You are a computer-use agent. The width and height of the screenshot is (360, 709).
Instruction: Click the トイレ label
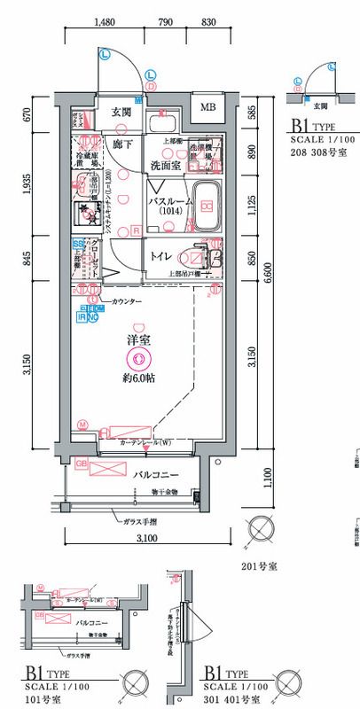point(160,256)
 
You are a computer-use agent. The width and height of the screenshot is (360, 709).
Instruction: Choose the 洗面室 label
point(165,164)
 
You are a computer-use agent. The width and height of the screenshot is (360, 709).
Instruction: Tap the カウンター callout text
point(127,302)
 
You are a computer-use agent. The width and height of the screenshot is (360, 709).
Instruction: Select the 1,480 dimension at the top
point(105,25)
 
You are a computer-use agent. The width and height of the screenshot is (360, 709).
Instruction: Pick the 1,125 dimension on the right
point(254,206)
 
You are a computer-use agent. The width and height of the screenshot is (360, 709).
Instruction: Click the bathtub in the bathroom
point(207,206)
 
